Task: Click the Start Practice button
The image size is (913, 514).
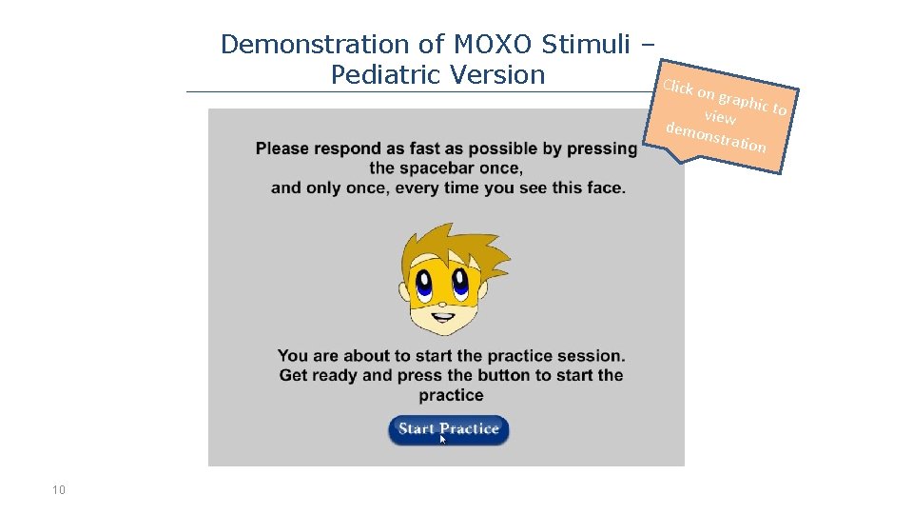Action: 448,429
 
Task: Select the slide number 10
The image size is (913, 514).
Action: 59,490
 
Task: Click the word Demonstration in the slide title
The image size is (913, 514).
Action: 314,45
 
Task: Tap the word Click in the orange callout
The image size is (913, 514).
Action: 679,88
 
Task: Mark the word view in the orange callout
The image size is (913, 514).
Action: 720,118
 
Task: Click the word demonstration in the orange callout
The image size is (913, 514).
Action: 715,138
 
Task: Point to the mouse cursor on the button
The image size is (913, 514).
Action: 443,439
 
